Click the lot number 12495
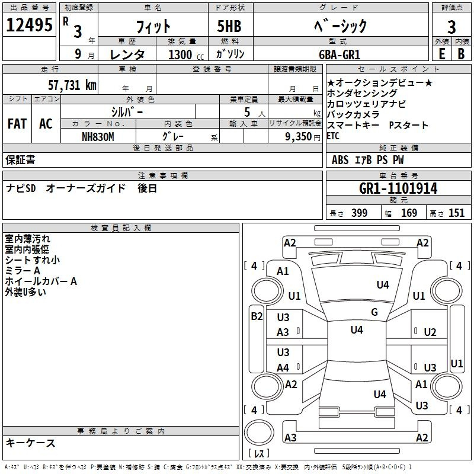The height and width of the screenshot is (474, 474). tap(29, 25)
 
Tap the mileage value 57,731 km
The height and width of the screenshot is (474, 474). tap(72, 85)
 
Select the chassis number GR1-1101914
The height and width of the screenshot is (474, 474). tap(398, 188)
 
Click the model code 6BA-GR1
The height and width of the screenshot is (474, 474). tap(340, 55)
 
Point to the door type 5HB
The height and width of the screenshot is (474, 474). tap(229, 26)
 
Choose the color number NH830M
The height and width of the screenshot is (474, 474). tap(98, 137)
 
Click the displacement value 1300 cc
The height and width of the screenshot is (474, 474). tap(186, 55)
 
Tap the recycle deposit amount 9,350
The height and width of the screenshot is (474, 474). tap(299, 137)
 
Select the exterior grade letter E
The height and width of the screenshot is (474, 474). tap(441, 54)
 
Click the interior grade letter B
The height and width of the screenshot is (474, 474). tap(461, 54)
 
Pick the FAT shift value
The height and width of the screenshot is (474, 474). tap(17, 124)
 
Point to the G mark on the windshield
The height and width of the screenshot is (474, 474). tap(374, 312)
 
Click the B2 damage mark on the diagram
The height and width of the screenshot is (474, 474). tap(257, 316)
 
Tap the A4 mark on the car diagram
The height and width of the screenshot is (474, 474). tap(283, 367)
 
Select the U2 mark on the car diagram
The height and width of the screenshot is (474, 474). tap(430, 332)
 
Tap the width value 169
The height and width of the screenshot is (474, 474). tap(409, 213)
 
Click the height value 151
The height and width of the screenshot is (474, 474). tap(456, 213)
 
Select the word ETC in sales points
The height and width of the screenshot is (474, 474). tap(333, 136)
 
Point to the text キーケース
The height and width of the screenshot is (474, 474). tap(30, 443)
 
